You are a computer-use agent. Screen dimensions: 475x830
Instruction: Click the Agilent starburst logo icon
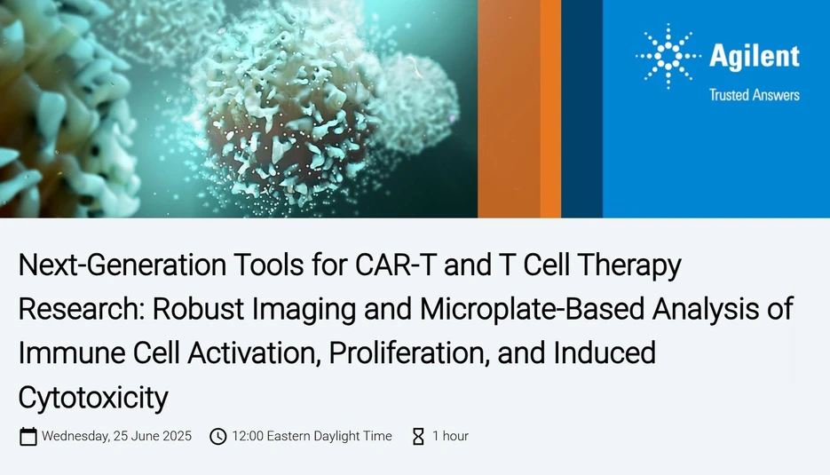[x=668, y=57]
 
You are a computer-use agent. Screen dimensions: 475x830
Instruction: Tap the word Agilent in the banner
[x=754, y=57]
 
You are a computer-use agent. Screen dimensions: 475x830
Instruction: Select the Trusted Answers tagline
[x=754, y=95]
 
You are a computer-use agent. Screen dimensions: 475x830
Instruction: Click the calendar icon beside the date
[x=28, y=436]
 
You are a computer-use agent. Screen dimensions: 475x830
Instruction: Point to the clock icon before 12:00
[x=217, y=436]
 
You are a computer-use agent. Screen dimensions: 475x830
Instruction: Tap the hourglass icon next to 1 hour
[x=418, y=436]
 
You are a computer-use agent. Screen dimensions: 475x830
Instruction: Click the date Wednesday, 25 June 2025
[x=116, y=436]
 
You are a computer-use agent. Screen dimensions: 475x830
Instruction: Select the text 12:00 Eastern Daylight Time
[x=312, y=436]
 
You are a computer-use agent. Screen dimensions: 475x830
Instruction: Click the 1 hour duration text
[x=450, y=436]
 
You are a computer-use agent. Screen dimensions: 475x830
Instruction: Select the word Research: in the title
[x=81, y=308]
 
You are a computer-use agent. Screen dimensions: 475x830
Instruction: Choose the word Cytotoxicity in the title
[x=92, y=397]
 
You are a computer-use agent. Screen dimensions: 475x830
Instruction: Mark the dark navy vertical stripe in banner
[x=581, y=108]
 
